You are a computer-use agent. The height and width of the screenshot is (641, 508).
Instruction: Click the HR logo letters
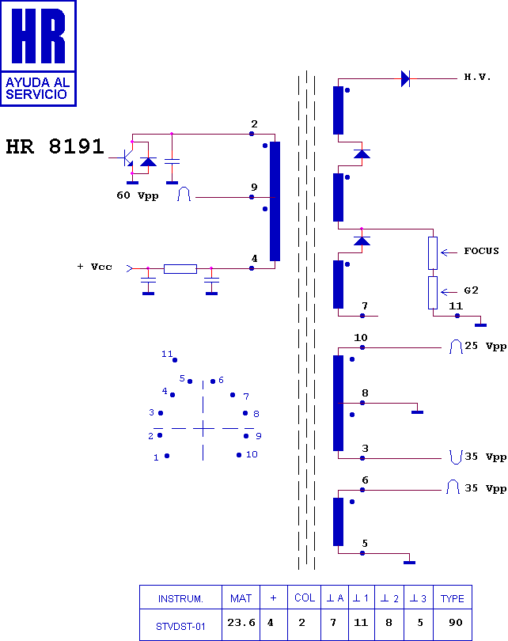39,36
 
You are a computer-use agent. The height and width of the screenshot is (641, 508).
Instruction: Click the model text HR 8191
55,146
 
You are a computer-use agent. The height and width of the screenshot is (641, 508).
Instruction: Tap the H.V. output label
477,77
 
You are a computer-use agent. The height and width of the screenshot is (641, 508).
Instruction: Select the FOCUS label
481,251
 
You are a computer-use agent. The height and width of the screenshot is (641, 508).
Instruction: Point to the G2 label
472,290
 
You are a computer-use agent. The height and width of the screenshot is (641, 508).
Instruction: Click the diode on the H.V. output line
405,78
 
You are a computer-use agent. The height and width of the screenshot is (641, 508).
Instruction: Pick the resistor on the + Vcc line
180,268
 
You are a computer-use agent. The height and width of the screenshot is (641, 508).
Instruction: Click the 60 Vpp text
138,195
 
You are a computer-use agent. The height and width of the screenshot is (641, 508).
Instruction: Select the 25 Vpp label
486,346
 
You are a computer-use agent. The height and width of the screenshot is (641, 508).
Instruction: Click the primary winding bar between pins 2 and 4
275,201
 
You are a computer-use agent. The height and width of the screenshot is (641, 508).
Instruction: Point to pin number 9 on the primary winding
254,188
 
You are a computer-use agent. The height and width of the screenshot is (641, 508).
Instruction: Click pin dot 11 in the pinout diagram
175,360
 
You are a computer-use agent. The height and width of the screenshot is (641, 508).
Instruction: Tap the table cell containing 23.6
241,624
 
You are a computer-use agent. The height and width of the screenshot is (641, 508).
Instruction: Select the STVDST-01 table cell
180,624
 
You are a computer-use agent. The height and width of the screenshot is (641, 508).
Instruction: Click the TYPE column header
453,597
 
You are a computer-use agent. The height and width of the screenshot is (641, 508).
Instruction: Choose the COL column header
305,597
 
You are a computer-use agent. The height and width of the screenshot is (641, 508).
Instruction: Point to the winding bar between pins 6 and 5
339,522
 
